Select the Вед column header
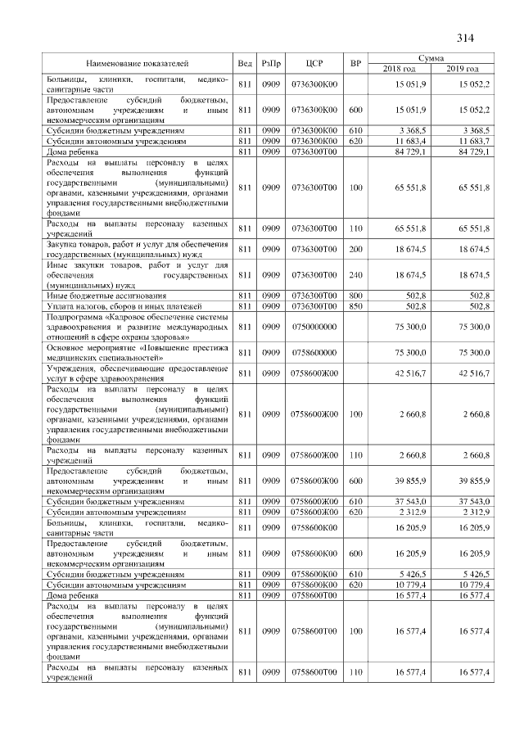[x=244, y=63]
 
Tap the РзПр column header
[x=270, y=63]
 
